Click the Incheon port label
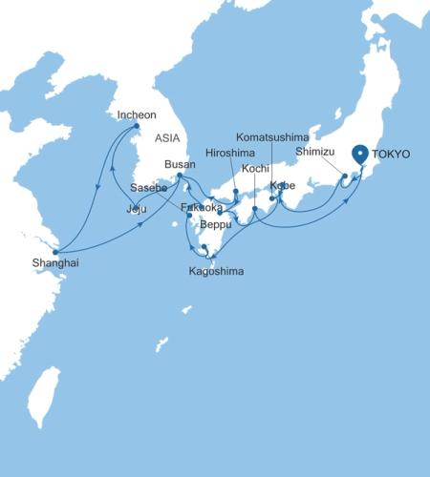tap(136, 114)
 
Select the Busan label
tap(180, 164)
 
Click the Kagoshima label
tap(217, 272)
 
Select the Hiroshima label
tap(230, 153)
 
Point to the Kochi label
tap(255, 169)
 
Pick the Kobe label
tap(284, 185)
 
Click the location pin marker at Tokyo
tap(360, 154)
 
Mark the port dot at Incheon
tap(137, 126)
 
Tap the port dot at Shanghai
tap(55, 252)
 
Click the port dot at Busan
tap(180, 176)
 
